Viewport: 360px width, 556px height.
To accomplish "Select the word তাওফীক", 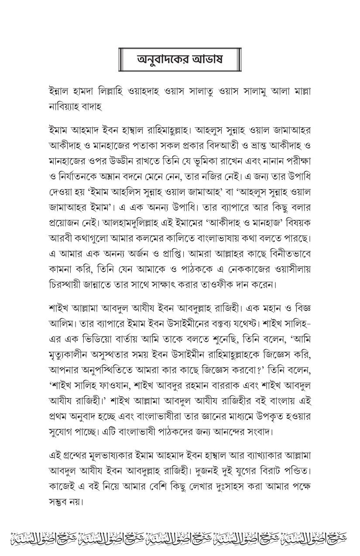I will pyautogui.click(x=209, y=285).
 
